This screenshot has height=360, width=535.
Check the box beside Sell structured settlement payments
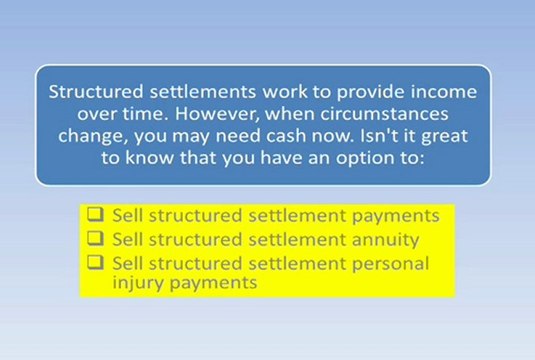(95, 215)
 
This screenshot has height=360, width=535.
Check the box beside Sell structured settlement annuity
(95, 239)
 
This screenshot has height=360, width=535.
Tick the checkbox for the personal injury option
(95, 263)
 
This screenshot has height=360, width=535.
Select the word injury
(134, 283)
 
